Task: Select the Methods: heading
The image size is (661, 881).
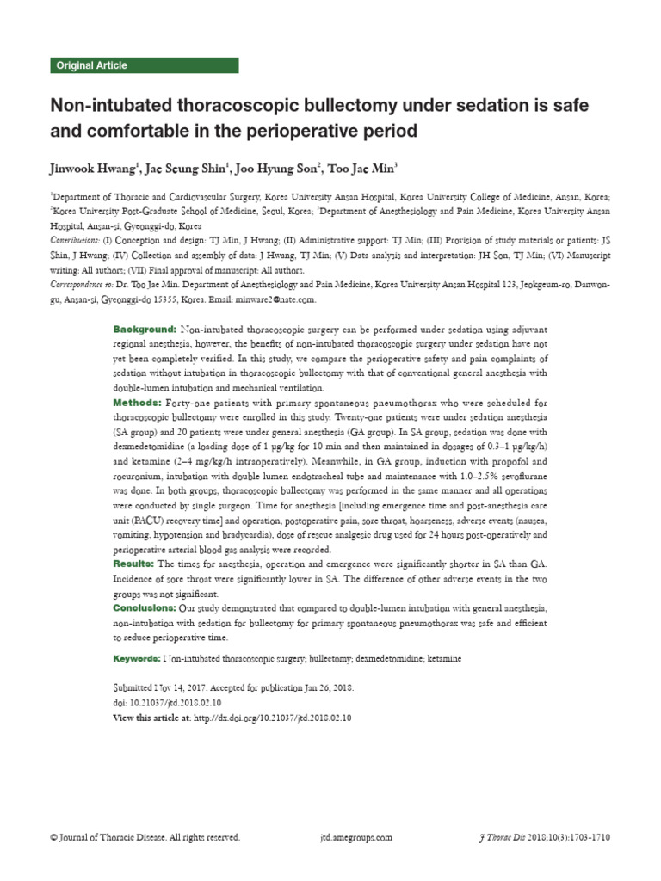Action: (x=139, y=403)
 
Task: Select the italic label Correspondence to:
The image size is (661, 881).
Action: (x=84, y=286)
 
